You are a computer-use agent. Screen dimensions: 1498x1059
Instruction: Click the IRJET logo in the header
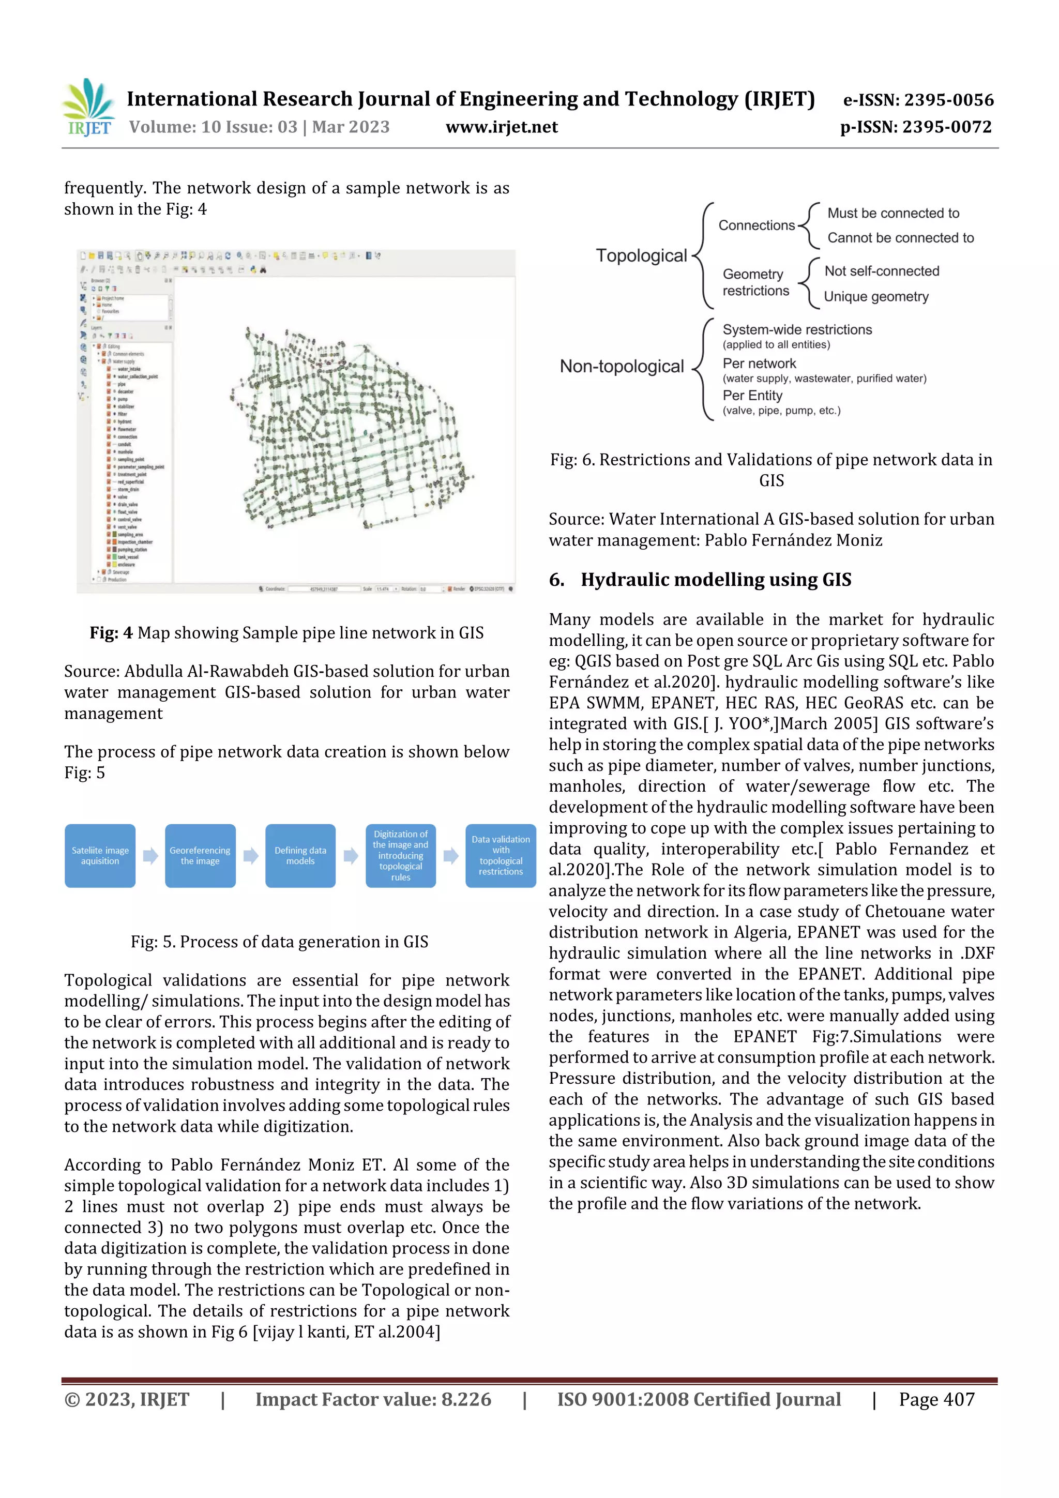tap(89, 108)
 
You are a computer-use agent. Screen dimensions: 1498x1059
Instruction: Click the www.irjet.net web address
tap(501, 127)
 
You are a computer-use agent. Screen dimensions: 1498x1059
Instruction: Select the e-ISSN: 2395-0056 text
tap(918, 100)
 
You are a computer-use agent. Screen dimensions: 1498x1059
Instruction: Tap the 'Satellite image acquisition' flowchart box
tap(100, 855)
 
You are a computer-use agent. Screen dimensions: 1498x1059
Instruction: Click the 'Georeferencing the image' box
tap(200, 855)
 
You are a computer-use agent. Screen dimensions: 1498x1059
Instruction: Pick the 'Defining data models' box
tap(300, 855)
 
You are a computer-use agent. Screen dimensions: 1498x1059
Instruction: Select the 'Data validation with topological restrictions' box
tap(501, 855)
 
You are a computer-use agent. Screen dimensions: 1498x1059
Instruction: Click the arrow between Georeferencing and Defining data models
tap(251, 856)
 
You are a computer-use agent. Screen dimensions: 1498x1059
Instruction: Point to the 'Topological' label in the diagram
tap(641, 256)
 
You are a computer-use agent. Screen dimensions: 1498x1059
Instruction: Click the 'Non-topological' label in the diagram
tap(621, 367)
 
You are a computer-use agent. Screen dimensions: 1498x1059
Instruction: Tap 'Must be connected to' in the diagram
tap(892, 214)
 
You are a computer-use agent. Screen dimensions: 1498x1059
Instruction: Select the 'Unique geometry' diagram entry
tap(875, 297)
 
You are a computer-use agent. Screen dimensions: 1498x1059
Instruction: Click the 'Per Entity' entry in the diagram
tap(752, 396)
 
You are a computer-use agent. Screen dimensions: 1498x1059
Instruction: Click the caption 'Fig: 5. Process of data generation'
tap(279, 942)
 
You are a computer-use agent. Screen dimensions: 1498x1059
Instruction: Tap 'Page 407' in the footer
tap(936, 1399)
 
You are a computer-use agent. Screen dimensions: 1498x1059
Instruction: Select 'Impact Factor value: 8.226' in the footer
tap(373, 1399)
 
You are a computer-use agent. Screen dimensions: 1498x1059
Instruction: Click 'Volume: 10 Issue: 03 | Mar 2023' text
tap(259, 127)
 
